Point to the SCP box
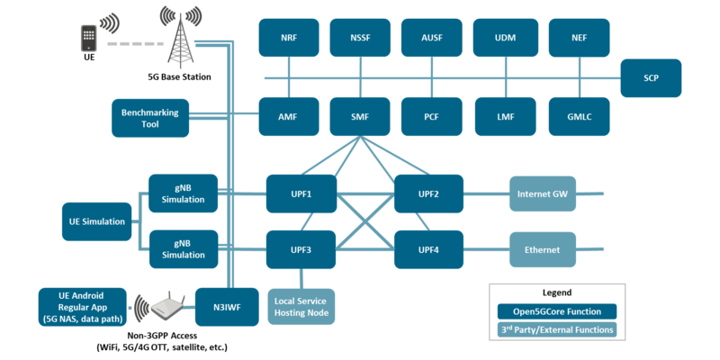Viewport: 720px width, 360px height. click(651, 78)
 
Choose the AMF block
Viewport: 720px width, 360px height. click(289, 117)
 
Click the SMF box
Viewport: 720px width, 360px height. click(361, 117)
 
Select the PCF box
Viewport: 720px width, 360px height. click(433, 117)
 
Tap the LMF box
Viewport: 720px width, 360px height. click(505, 117)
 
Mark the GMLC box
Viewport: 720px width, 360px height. click(579, 117)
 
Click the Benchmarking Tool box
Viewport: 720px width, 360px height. click(150, 118)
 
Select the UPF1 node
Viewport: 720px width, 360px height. click(301, 193)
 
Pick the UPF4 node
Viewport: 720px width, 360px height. click(428, 249)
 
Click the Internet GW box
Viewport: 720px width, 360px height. click(543, 193)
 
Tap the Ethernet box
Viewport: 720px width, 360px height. click(543, 249)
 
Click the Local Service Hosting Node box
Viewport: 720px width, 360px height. click(301, 306)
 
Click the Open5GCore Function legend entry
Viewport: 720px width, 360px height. click(556, 311)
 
